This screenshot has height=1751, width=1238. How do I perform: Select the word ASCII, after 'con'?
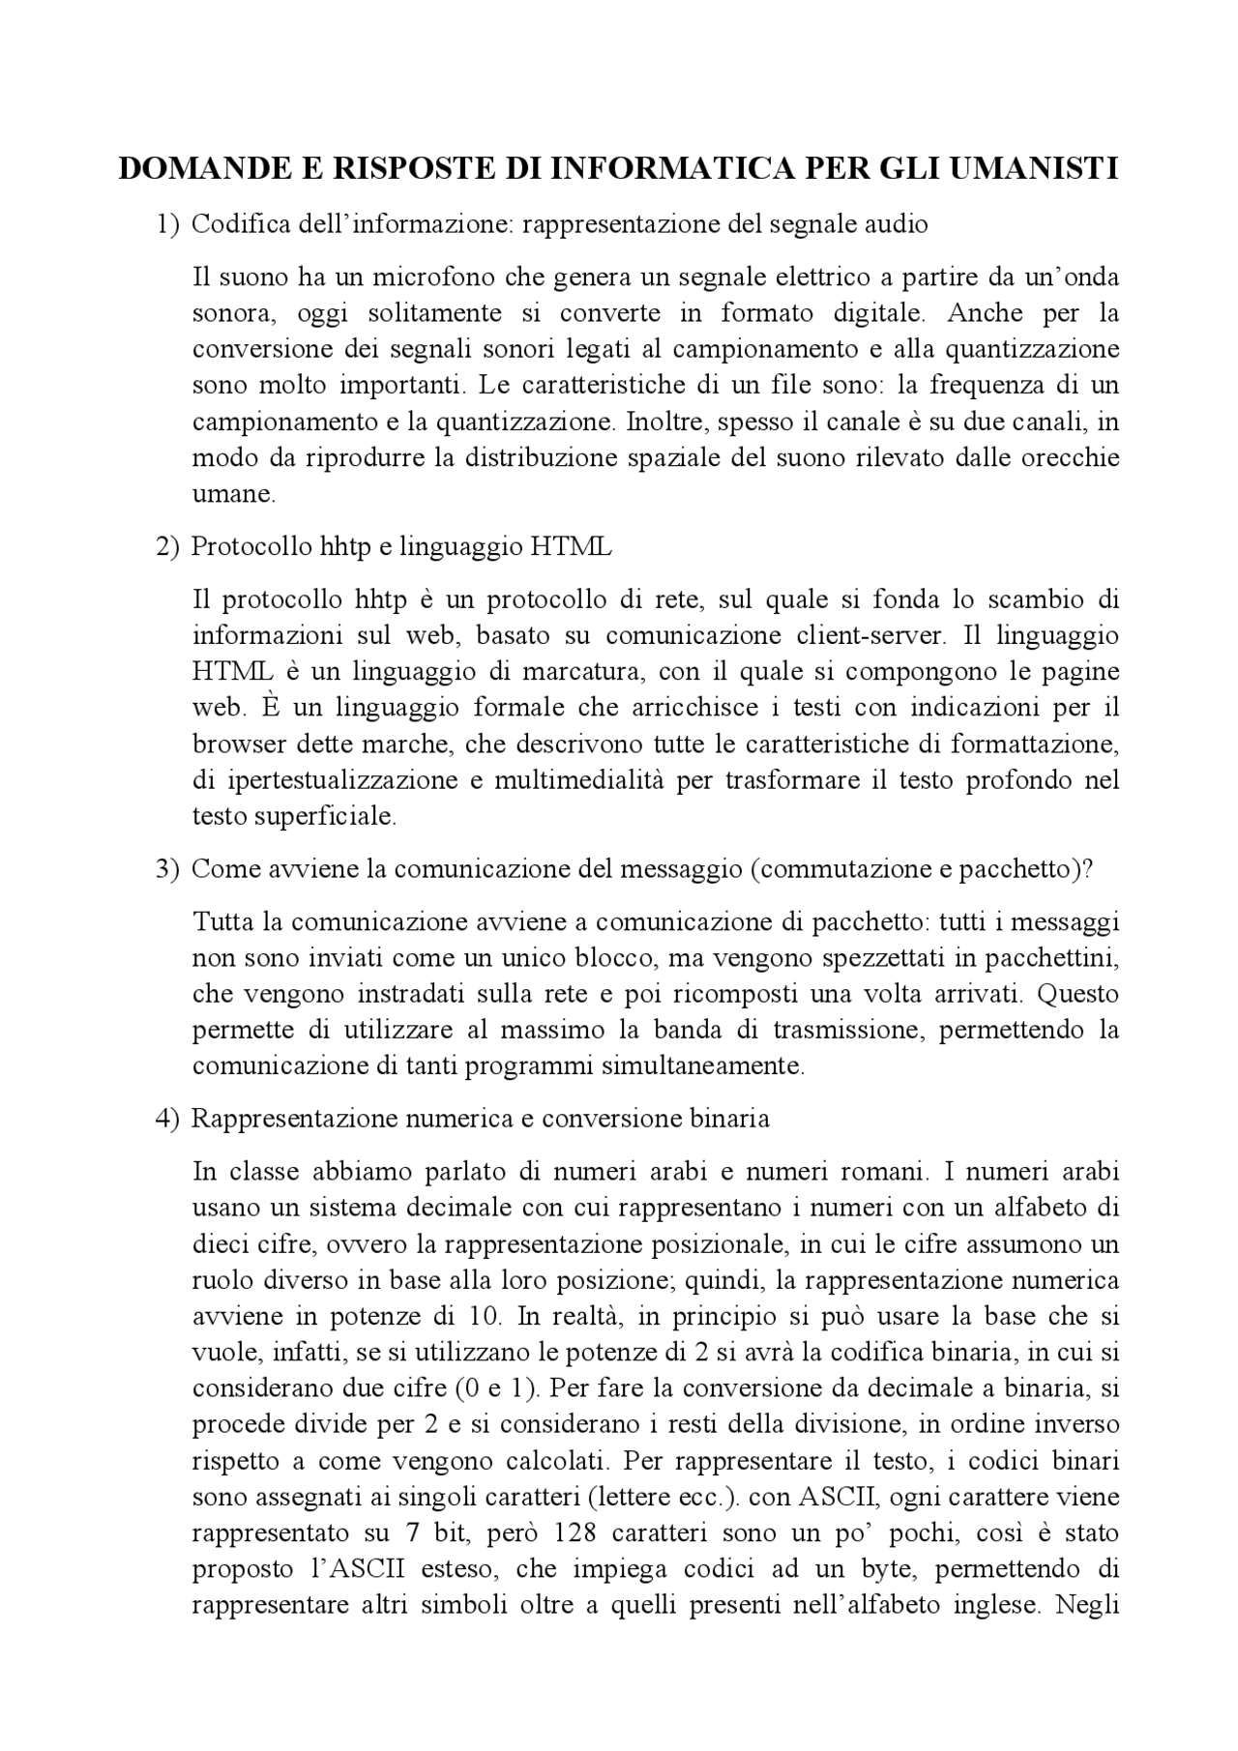[x=839, y=1497]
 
